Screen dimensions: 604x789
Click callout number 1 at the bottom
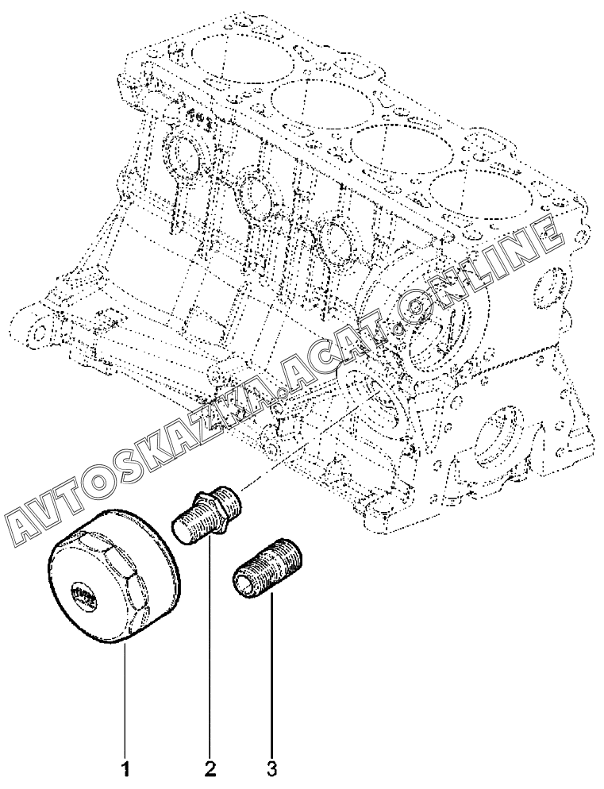(126, 769)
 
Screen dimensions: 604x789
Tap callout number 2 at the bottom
(210, 769)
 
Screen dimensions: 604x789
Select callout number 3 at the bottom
(271, 769)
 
